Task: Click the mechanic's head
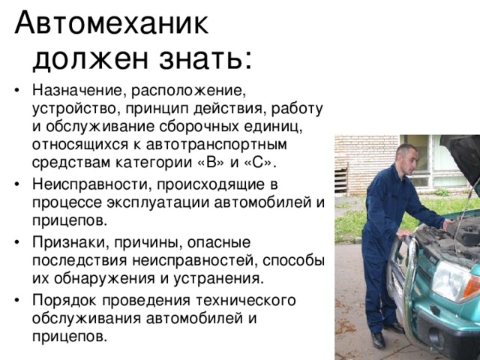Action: point(406,158)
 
